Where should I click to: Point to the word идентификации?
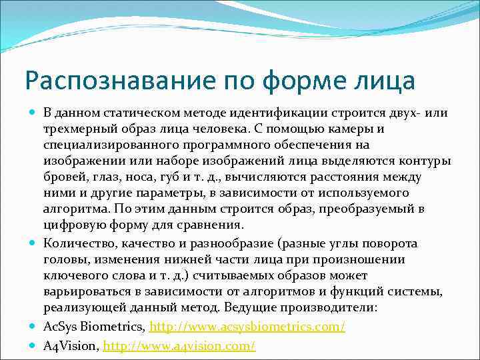click(x=284, y=113)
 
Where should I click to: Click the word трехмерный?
click(x=76, y=129)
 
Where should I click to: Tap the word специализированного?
click(x=107, y=145)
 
